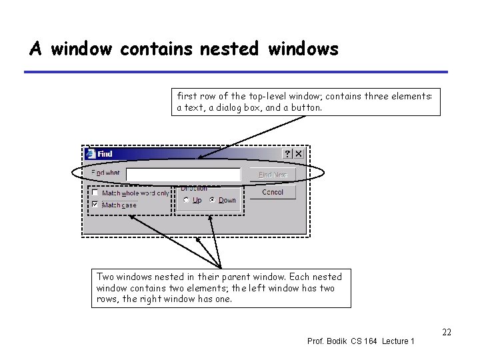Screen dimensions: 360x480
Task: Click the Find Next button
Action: coord(272,175)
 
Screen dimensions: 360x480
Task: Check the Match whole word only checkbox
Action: coord(96,193)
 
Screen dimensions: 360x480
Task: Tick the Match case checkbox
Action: coord(96,205)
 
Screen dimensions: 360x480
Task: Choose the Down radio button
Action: coord(212,200)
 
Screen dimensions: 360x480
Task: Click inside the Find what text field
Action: coord(183,175)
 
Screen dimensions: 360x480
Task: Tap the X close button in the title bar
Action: coord(299,154)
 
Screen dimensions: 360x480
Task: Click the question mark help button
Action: coord(288,154)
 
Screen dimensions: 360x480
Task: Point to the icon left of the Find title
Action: coord(90,154)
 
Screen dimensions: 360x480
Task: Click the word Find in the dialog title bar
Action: coord(105,154)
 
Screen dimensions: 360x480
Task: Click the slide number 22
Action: coord(447,331)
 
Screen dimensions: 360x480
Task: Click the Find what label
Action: coord(105,173)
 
